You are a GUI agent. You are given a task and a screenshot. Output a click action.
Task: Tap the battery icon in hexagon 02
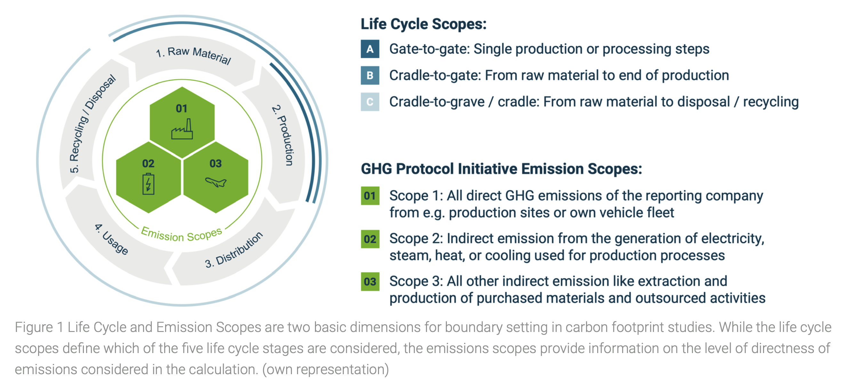click(149, 184)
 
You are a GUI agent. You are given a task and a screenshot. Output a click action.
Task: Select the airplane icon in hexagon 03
click(216, 182)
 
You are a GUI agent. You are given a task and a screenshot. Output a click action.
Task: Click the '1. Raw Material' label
click(194, 55)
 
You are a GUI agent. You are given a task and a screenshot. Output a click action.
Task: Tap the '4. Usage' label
click(111, 239)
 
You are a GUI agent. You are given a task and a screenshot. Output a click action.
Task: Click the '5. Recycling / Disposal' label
click(92, 123)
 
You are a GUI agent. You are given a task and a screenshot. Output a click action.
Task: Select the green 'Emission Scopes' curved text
click(181, 234)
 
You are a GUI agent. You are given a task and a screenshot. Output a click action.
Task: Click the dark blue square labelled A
click(370, 49)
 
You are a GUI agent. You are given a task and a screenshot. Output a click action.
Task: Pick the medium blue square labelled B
click(370, 75)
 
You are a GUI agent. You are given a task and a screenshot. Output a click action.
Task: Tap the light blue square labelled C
click(370, 102)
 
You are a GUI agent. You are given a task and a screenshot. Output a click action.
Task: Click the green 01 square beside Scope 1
click(370, 196)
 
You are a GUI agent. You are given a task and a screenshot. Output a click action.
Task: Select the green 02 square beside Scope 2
click(370, 239)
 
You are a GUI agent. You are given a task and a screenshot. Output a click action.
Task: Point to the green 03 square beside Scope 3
click(370, 281)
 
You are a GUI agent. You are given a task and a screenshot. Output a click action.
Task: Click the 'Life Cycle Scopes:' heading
click(424, 24)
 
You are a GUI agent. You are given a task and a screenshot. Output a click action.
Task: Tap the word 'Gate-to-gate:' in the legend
click(430, 49)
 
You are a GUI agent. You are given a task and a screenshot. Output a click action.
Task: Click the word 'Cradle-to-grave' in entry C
click(437, 102)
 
